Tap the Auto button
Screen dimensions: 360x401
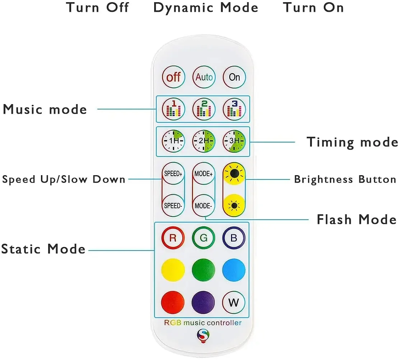tap(204, 77)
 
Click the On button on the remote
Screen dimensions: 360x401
tap(234, 77)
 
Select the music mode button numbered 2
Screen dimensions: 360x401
tap(204, 109)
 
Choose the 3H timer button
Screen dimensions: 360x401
tap(234, 141)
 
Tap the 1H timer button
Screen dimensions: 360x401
tap(173, 141)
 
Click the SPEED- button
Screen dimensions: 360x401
tap(173, 206)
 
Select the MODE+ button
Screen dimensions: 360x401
tap(204, 174)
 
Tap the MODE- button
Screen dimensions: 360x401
tap(204, 206)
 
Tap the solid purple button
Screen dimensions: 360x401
tap(204, 302)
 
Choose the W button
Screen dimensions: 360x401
tap(234, 302)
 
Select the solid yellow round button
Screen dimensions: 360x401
tap(173, 270)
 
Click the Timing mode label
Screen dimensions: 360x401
tap(352, 142)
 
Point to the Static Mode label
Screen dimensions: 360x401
tap(43, 249)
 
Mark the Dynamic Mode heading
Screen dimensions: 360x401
tap(206, 8)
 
